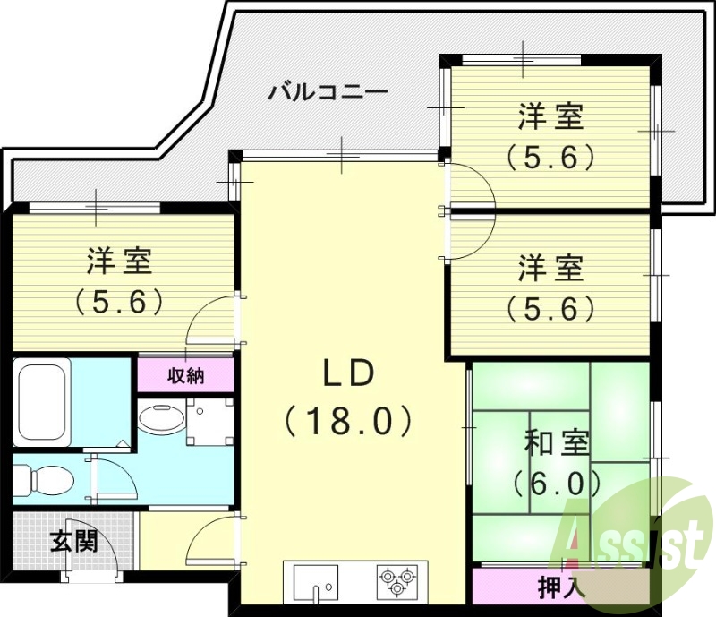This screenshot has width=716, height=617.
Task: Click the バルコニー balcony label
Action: click(x=328, y=92)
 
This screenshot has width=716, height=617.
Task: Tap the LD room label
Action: click(x=347, y=375)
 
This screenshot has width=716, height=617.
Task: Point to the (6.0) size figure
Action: click(x=556, y=484)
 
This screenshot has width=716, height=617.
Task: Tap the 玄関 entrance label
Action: click(x=72, y=541)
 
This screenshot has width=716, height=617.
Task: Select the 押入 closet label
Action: click(x=561, y=587)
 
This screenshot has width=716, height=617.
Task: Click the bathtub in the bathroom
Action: click(x=43, y=401)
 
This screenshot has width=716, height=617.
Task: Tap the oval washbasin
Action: click(x=161, y=419)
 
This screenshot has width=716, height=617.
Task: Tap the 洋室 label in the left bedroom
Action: click(x=119, y=261)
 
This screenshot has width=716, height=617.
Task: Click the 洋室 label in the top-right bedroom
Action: click(x=550, y=117)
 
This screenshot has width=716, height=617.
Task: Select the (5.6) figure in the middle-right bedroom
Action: click(x=550, y=309)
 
